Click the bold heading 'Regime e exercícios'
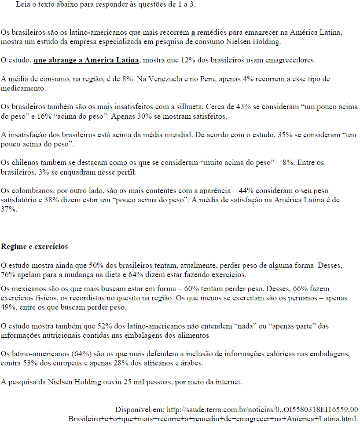pyautogui.click(x=34, y=247)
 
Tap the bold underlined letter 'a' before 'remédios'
pyautogui.click(x=193, y=33)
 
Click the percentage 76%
pyautogui.click(x=8, y=275)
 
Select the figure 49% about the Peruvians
pyautogui.click(x=8, y=307)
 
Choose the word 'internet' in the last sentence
pyautogui.click(x=228, y=382)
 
